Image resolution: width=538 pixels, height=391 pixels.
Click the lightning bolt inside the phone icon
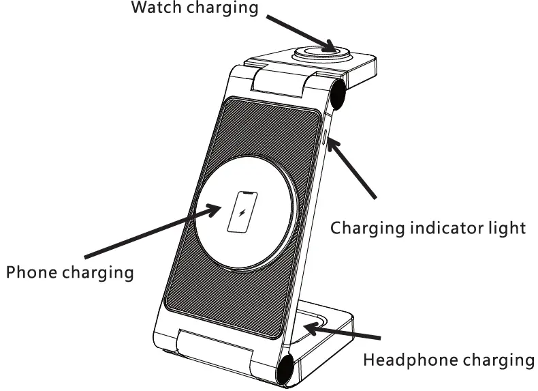coord(242,212)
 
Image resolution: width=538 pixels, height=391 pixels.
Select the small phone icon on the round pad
coord(242,212)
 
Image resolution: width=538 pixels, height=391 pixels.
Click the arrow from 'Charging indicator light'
coord(353,168)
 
